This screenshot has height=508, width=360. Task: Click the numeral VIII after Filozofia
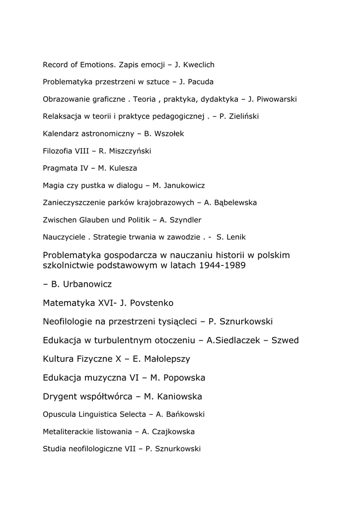click(82, 151)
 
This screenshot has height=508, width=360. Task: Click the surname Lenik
click(235, 237)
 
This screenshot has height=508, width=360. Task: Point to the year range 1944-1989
click(222, 266)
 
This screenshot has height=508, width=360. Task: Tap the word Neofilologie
click(72, 321)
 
